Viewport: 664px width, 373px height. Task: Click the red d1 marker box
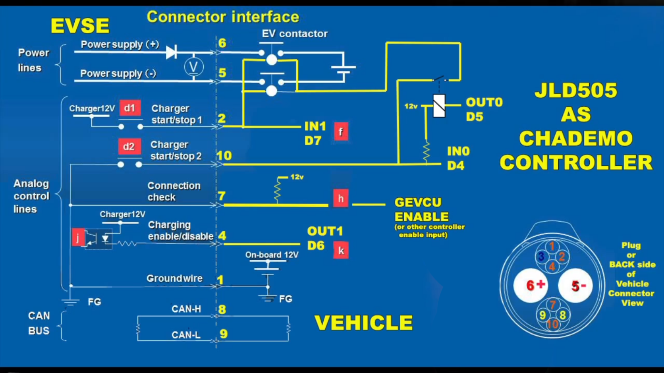[x=129, y=108]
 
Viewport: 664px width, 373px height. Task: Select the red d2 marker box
[x=129, y=146]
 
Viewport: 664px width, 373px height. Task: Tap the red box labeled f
[x=341, y=132]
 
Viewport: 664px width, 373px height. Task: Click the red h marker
[x=341, y=199]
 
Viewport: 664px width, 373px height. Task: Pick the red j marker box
[x=78, y=237]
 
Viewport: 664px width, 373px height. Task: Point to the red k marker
[x=341, y=250]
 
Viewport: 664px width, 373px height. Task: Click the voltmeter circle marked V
[x=194, y=67]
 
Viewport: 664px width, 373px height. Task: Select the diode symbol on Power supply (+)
[x=171, y=53]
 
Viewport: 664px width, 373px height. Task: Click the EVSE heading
[x=80, y=26]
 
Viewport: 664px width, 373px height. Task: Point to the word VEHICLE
[x=364, y=323]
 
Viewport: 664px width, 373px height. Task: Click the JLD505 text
[x=576, y=90]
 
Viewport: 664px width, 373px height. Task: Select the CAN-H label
[x=186, y=309]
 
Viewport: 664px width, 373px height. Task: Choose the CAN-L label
[x=186, y=335]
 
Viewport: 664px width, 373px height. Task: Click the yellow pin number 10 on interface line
[x=224, y=155]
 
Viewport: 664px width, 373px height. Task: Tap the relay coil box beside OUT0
[x=439, y=106]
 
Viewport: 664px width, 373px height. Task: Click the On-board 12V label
[x=272, y=255]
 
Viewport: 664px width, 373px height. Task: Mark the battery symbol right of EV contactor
[x=343, y=70]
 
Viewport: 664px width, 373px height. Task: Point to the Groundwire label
[x=174, y=279]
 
